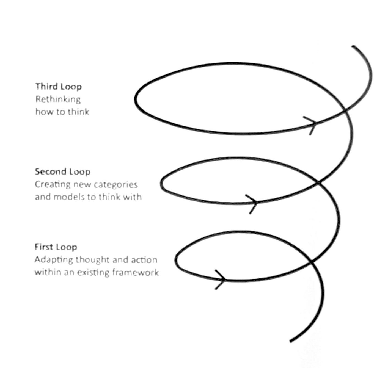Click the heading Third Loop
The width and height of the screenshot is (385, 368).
click(59, 87)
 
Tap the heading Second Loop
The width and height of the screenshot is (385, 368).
click(62, 172)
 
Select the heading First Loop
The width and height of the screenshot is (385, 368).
click(56, 247)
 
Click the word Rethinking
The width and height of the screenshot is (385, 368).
click(58, 99)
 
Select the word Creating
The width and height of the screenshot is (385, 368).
click(53, 184)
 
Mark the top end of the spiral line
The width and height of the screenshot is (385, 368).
click(353, 46)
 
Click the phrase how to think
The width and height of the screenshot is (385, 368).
click(62, 112)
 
